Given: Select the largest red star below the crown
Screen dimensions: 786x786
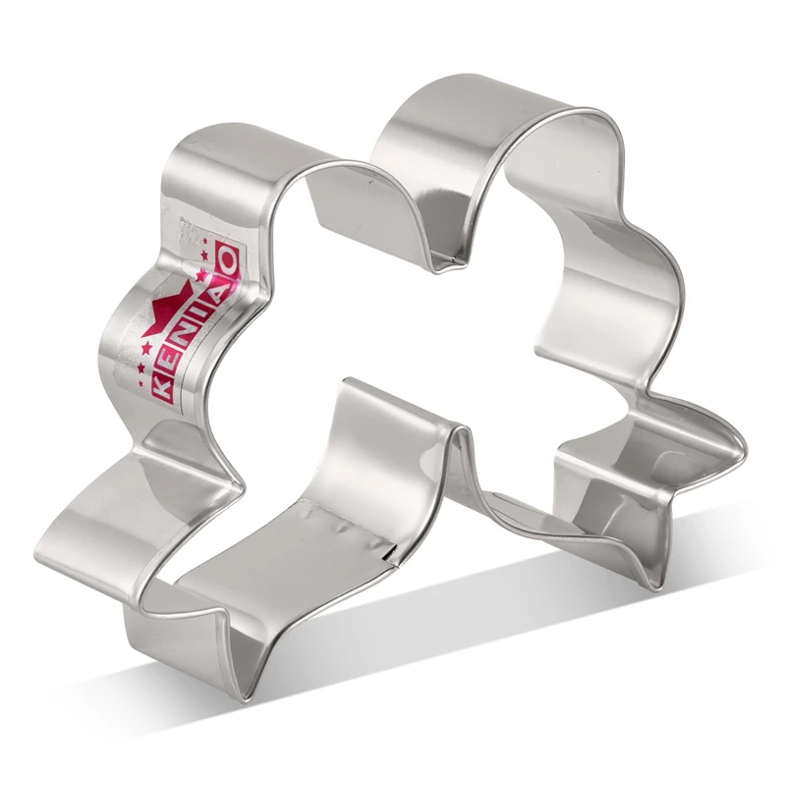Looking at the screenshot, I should point(147,350).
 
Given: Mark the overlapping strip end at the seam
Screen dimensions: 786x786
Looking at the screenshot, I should point(393,556).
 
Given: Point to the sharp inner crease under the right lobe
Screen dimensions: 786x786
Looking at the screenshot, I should point(442,261).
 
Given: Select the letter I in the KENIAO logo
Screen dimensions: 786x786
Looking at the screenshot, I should point(200,312).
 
